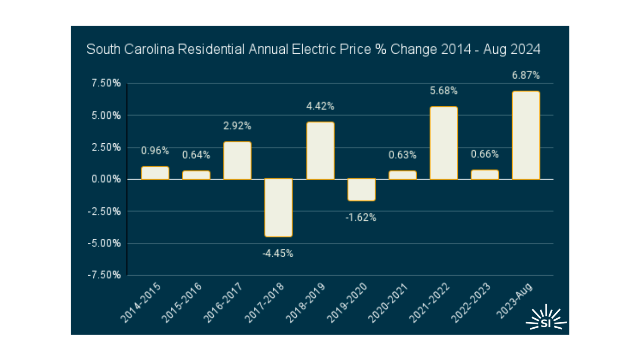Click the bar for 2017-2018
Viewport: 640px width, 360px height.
(x=278, y=208)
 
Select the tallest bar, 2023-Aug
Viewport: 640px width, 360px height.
(x=526, y=135)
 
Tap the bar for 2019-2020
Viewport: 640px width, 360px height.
(x=361, y=190)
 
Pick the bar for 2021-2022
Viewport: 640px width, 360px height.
(x=443, y=143)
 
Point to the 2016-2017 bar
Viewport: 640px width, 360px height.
(x=237, y=160)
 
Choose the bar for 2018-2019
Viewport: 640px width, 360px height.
(x=320, y=151)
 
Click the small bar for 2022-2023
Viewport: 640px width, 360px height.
(x=485, y=175)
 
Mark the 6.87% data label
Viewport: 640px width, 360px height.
(x=526, y=75)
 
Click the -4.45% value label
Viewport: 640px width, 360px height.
(x=278, y=254)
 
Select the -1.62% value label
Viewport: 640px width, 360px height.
(x=361, y=218)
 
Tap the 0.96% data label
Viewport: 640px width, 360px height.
(x=155, y=151)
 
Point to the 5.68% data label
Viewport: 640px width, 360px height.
(x=443, y=91)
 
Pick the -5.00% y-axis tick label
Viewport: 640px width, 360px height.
(x=104, y=243)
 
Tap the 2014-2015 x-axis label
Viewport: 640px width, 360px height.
(x=141, y=303)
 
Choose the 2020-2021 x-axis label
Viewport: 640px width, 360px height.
(x=388, y=303)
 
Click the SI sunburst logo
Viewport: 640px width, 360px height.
(x=546, y=319)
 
